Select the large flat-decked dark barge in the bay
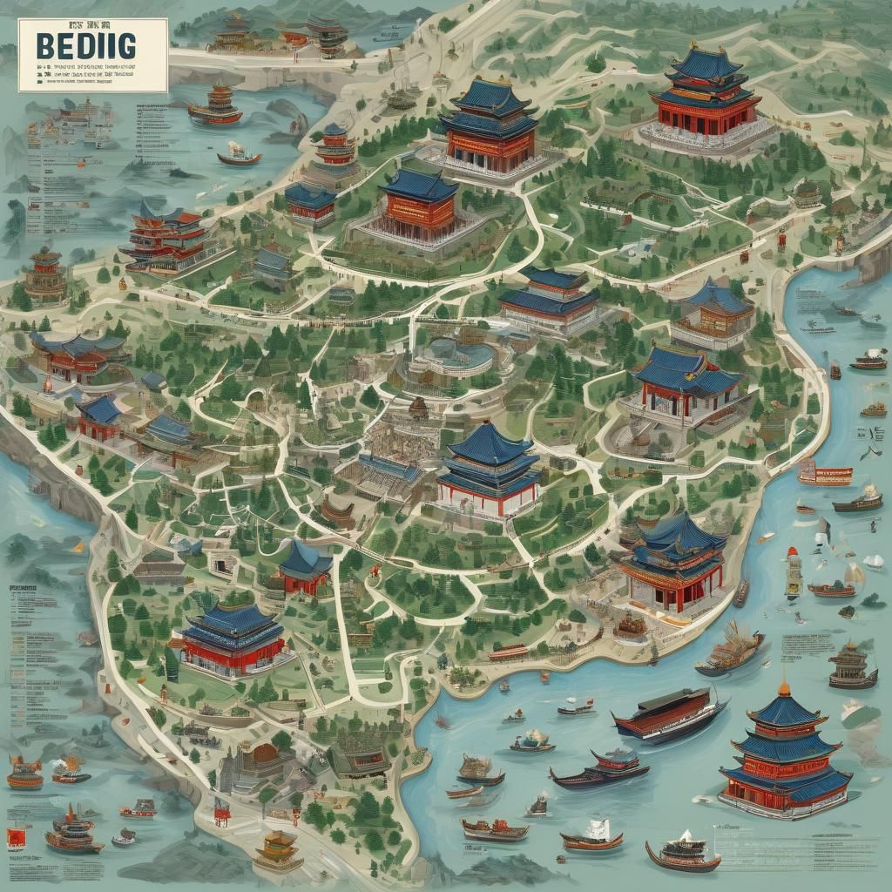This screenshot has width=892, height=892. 669,712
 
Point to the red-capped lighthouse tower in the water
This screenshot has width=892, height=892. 793,571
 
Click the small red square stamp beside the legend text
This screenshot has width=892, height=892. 15,839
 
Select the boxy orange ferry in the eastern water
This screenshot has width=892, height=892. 825,474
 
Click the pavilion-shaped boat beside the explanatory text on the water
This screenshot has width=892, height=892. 853,666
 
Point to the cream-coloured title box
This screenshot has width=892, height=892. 92,55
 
